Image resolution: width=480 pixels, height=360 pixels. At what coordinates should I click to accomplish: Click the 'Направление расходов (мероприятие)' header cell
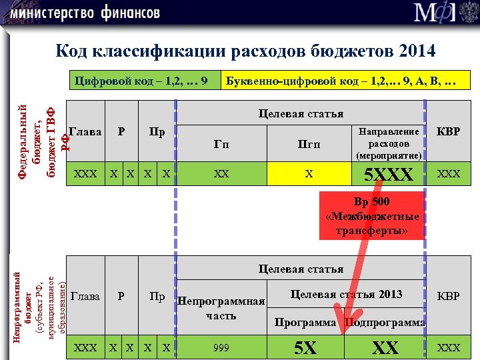pos(389,143)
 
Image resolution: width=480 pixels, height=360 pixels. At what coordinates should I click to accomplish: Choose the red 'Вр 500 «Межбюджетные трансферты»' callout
pos(373,215)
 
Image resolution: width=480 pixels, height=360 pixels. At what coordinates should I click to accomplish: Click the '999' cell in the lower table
pos(221,347)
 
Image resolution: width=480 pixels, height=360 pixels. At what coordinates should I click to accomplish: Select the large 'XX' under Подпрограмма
pos(385,347)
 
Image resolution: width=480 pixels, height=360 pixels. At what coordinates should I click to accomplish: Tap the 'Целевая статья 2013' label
pos(347,294)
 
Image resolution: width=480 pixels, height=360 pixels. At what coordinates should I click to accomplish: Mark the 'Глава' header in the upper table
pos(85,132)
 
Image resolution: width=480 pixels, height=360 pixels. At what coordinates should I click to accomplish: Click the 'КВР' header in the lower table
pos(447,295)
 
